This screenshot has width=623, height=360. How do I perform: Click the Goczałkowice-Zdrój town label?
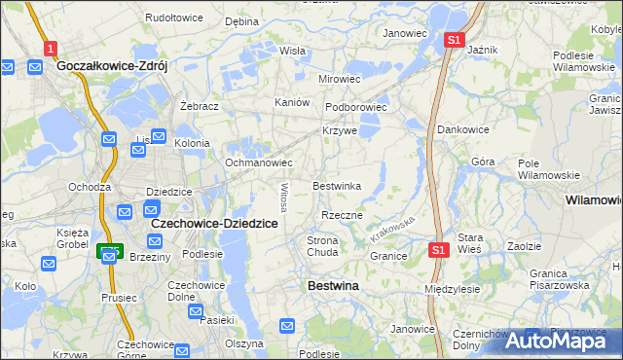[113, 66]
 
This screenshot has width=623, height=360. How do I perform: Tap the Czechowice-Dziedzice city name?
[214, 223]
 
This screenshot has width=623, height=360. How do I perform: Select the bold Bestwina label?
[332, 286]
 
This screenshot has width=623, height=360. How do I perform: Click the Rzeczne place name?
[342, 215]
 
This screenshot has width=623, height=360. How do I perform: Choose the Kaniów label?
[292, 102]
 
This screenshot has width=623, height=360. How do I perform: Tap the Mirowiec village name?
[340, 79]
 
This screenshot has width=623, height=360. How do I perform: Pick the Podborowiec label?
[356, 108]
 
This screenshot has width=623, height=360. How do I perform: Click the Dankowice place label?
[462, 128]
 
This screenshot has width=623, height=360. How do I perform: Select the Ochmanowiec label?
[259, 162]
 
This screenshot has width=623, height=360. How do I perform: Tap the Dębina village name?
[241, 20]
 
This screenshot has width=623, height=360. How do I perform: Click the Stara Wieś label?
[471, 243]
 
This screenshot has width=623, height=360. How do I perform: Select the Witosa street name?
[284, 198]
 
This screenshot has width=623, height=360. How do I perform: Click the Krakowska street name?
[392, 230]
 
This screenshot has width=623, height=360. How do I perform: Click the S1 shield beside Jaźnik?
[454, 40]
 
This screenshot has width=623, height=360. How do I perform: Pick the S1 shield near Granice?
[438, 251]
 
